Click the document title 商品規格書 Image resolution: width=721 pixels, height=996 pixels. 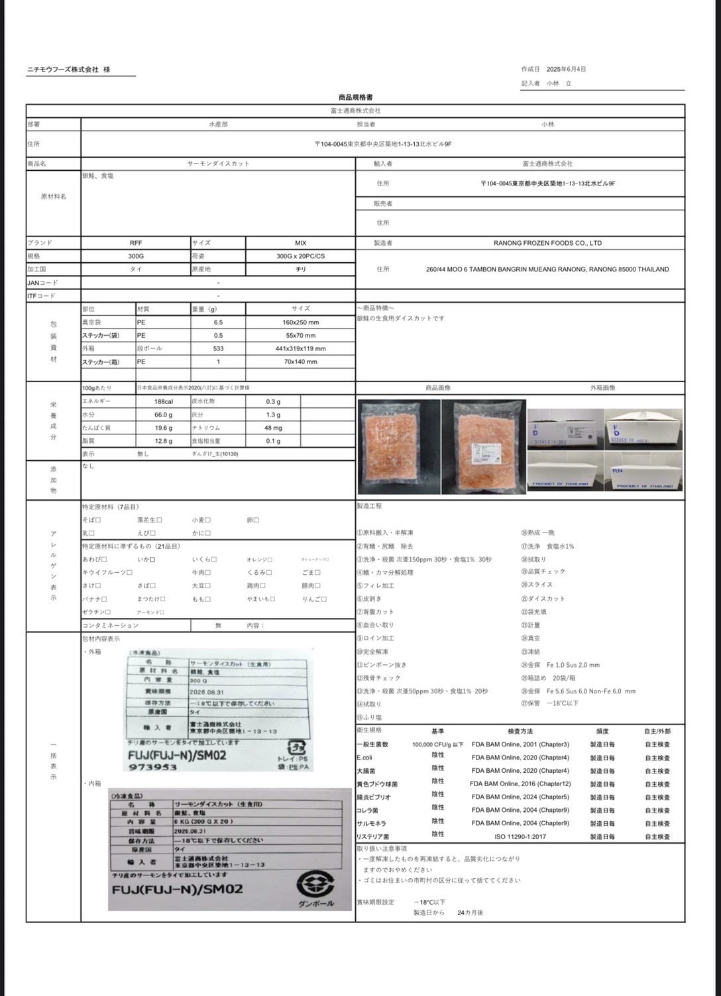[x=355, y=97]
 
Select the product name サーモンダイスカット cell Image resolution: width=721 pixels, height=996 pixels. [x=218, y=164]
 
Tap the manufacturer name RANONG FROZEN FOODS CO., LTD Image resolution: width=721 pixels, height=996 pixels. [x=547, y=243]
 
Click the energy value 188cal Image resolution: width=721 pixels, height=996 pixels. [x=164, y=401]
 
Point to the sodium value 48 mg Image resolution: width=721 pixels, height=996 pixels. [x=273, y=428]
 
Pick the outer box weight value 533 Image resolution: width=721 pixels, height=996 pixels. [x=218, y=348]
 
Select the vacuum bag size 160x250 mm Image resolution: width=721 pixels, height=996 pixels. [x=300, y=323]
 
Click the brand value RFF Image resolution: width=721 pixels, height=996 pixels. [x=136, y=243]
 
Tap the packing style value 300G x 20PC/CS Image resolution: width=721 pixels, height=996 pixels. [x=300, y=256]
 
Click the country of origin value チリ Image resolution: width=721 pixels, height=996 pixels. [x=300, y=270]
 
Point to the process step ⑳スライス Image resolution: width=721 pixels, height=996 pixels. [x=537, y=585]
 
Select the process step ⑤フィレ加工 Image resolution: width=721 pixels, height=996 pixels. [x=375, y=585]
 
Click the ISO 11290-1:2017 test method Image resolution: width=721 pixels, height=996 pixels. [x=520, y=836]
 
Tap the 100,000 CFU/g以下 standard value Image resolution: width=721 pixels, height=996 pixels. [x=437, y=744]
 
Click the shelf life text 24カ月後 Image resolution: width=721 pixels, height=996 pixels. [x=470, y=913]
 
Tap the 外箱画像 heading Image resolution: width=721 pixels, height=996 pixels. [x=602, y=388]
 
